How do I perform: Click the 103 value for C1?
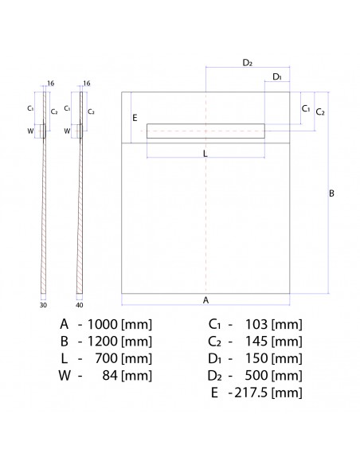[257, 325]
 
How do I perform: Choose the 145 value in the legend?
[257, 342]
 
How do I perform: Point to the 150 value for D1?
[257, 358]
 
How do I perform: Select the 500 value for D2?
[257, 375]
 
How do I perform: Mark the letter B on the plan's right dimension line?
[332, 193]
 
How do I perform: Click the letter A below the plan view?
[205, 300]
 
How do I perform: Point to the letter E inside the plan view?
[135, 118]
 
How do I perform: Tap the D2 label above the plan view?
[247, 62]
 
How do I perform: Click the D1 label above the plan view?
[276, 76]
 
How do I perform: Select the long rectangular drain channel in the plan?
[205, 131]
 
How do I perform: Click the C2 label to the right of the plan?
[320, 112]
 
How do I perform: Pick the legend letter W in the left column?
[63, 375]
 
